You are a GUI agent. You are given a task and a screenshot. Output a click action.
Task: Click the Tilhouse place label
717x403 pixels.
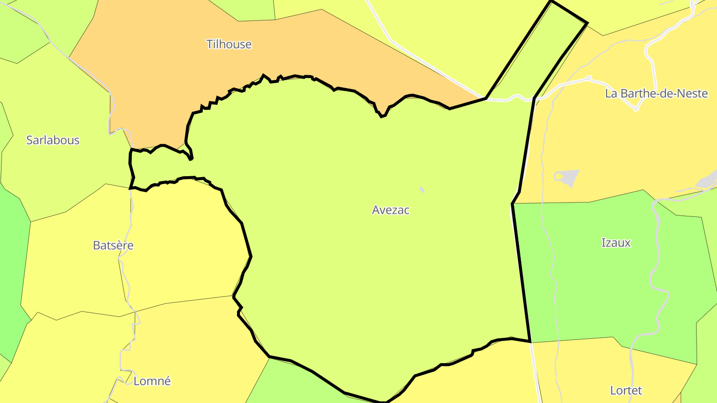229,44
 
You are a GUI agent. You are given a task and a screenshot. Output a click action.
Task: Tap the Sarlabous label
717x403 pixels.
53,140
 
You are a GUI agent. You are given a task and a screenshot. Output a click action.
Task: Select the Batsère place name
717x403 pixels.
113,245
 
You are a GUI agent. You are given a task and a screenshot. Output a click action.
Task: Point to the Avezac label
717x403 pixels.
391,210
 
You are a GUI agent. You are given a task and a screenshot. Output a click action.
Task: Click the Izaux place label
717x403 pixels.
616,243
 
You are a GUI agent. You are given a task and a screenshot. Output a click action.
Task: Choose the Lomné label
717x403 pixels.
152,381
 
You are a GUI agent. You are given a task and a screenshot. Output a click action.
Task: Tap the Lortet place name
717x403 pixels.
626,390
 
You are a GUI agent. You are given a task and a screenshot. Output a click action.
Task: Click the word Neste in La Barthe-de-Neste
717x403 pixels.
693,93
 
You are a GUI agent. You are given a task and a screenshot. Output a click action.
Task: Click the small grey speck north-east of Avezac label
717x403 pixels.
422,190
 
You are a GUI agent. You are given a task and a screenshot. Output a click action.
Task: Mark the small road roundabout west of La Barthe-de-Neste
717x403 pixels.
589,78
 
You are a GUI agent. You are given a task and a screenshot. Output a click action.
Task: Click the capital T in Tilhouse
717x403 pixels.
210,44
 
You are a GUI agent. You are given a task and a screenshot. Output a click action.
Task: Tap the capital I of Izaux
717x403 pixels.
603,243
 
